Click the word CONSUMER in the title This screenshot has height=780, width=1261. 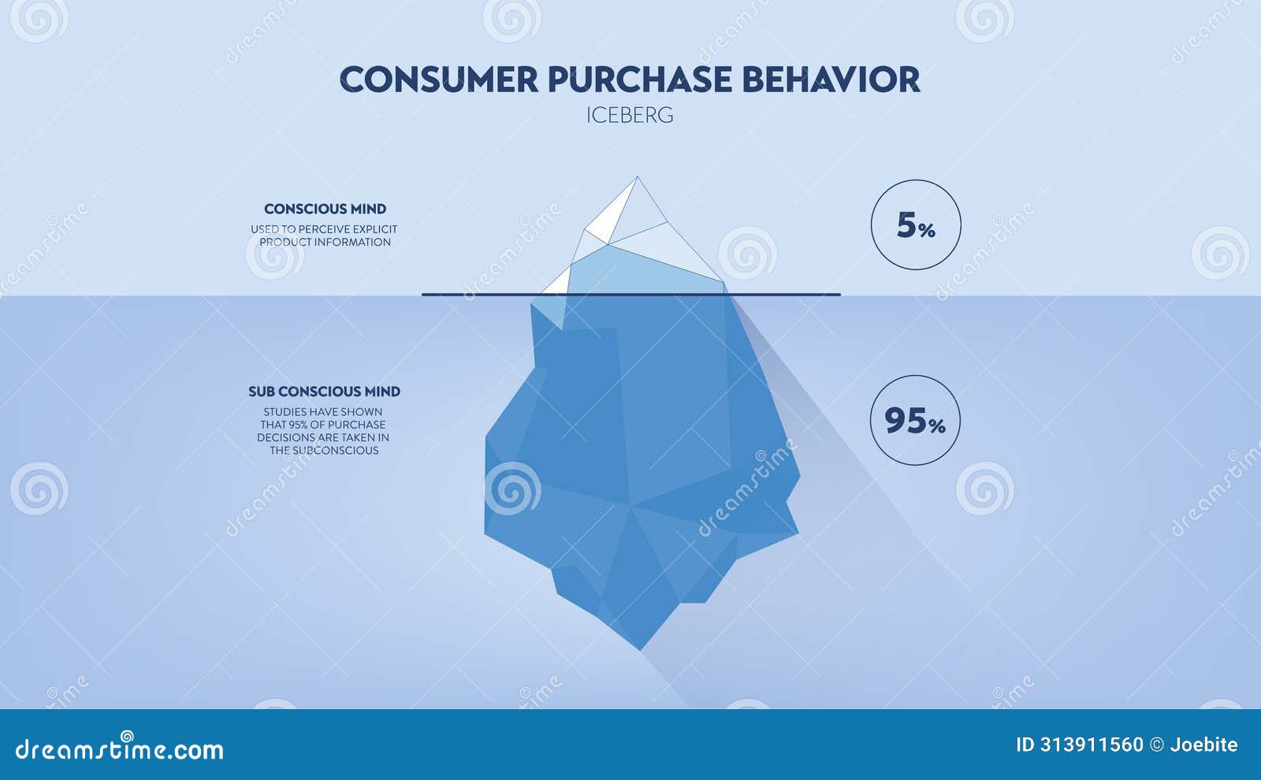tap(439, 80)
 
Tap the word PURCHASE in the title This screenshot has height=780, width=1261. tap(640, 80)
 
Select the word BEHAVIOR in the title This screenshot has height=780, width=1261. tap(831, 80)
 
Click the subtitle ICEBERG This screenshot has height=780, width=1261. tap(630, 115)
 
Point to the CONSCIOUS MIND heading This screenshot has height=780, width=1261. tap(325, 209)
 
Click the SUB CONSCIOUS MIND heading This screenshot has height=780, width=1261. tap(324, 392)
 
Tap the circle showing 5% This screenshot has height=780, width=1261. tap(916, 225)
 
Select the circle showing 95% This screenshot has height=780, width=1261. tap(915, 421)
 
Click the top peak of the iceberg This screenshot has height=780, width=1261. tap(637, 179)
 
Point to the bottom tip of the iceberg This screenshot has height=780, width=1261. tap(641, 648)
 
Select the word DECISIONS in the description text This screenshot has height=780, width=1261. tap(287, 437)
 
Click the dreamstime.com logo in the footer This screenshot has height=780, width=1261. tap(120, 748)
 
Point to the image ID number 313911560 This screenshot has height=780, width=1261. tap(1092, 745)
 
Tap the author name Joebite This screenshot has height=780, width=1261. tap(1203, 745)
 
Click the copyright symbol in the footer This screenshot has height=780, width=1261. tap(1156, 745)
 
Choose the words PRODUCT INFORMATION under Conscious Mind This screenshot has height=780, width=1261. tap(325, 242)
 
